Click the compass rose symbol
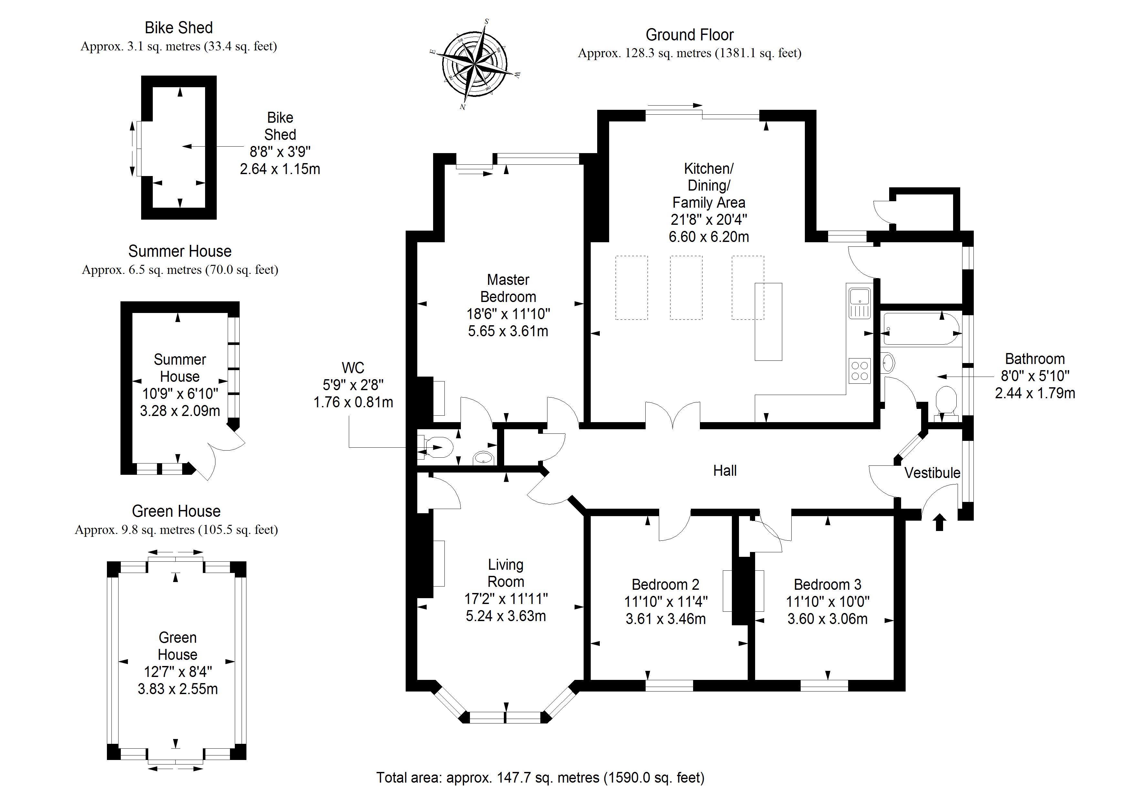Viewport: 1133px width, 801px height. (x=475, y=64)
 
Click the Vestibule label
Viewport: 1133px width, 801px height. (x=932, y=473)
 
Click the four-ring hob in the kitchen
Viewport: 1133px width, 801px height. (x=860, y=371)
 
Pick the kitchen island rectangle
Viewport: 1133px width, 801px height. (x=768, y=321)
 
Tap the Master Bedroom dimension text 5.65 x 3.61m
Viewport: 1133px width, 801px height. (x=508, y=331)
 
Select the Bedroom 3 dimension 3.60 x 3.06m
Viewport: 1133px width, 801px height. (x=827, y=619)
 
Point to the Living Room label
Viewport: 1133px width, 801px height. (x=506, y=573)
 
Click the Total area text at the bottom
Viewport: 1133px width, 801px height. (x=540, y=778)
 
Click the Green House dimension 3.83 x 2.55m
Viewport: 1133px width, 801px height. (x=178, y=689)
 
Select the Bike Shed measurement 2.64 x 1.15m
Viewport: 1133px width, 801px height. (x=280, y=169)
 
